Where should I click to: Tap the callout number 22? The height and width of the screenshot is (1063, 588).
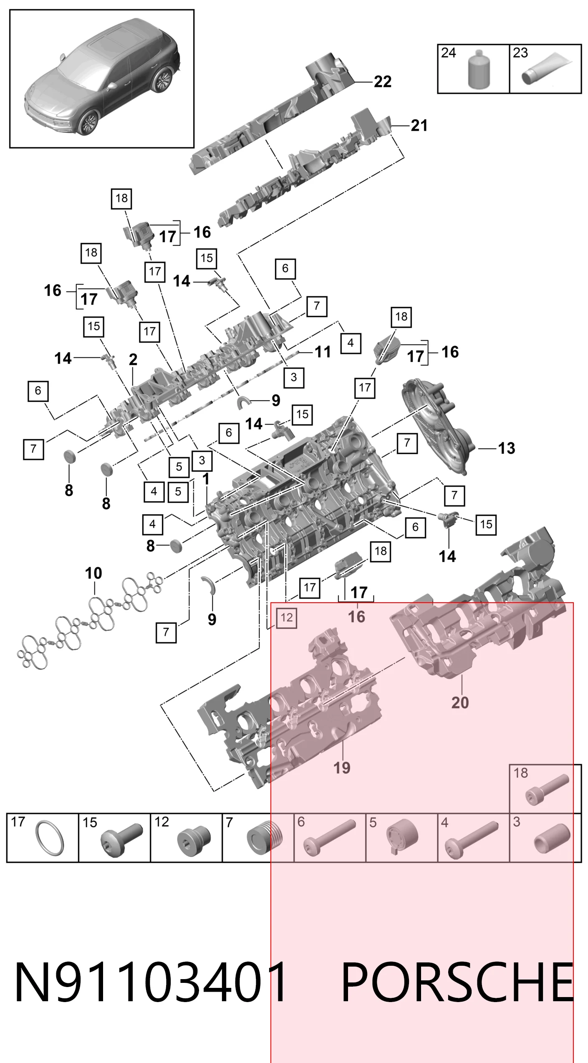[383, 81]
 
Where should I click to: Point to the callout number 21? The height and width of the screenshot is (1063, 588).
[419, 126]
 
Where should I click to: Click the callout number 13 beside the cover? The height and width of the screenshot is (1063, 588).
[507, 448]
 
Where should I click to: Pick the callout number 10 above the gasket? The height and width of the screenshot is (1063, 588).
[93, 573]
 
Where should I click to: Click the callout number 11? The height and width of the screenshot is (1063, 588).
[323, 352]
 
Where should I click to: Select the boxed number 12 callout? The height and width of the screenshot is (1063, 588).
[287, 617]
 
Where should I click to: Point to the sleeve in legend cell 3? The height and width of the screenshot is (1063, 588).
[552, 838]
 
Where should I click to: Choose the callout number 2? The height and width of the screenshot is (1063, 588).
[133, 359]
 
